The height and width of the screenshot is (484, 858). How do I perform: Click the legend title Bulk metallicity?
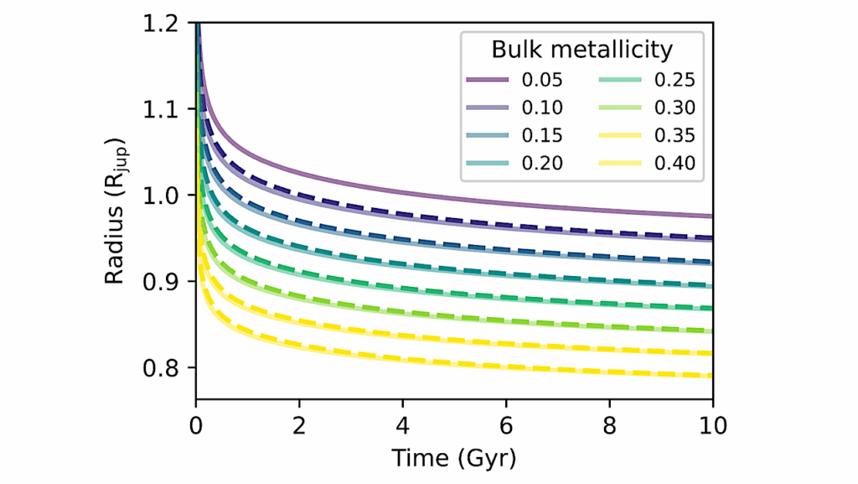pyautogui.click(x=581, y=50)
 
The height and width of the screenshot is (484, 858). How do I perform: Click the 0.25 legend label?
pyautogui.click(x=675, y=81)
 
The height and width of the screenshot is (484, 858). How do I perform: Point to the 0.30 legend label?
pyautogui.click(x=675, y=108)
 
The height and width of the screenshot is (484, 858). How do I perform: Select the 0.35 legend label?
pyautogui.click(x=675, y=136)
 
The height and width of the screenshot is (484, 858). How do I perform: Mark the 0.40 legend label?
pyautogui.click(x=675, y=164)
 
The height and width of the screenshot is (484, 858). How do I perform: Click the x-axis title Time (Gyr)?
pyautogui.click(x=453, y=459)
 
